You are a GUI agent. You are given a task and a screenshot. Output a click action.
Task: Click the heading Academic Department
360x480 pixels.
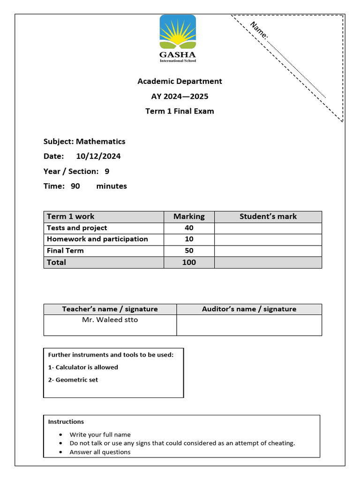pyautogui.click(x=180, y=81)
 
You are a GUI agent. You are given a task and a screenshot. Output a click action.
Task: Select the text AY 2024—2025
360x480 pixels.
pyautogui.click(x=180, y=96)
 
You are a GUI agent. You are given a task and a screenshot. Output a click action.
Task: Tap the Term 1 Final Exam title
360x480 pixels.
pyautogui.click(x=180, y=111)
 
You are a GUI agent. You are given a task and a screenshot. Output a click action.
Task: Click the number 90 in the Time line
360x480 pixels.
pyautogui.click(x=75, y=186)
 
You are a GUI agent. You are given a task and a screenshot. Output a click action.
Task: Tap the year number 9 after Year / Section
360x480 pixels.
pyautogui.click(x=107, y=171)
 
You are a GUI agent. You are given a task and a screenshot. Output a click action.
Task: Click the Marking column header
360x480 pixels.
pyautogui.click(x=189, y=216)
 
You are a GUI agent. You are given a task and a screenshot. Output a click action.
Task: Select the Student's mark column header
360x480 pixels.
pyautogui.click(x=268, y=216)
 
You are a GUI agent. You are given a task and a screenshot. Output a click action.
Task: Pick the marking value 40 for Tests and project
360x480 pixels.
pyautogui.click(x=189, y=228)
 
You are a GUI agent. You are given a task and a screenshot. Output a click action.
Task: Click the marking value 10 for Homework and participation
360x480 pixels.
pyautogui.click(x=189, y=239)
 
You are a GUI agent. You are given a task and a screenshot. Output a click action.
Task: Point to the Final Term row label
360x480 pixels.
pyautogui.click(x=65, y=251)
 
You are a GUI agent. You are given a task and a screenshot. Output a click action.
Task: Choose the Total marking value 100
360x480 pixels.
pyautogui.click(x=189, y=262)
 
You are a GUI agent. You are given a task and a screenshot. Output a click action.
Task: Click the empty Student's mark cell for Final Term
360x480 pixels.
pyautogui.click(x=268, y=251)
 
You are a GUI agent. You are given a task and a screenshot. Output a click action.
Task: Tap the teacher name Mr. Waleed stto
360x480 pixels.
pyautogui.click(x=110, y=320)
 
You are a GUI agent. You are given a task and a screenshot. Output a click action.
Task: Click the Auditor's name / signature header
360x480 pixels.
pyautogui.click(x=249, y=309)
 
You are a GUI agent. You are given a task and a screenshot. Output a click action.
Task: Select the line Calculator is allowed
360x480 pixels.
pyautogui.click(x=83, y=367)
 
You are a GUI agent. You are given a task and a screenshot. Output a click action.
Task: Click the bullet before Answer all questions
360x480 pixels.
pyautogui.click(x=61, y=452)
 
